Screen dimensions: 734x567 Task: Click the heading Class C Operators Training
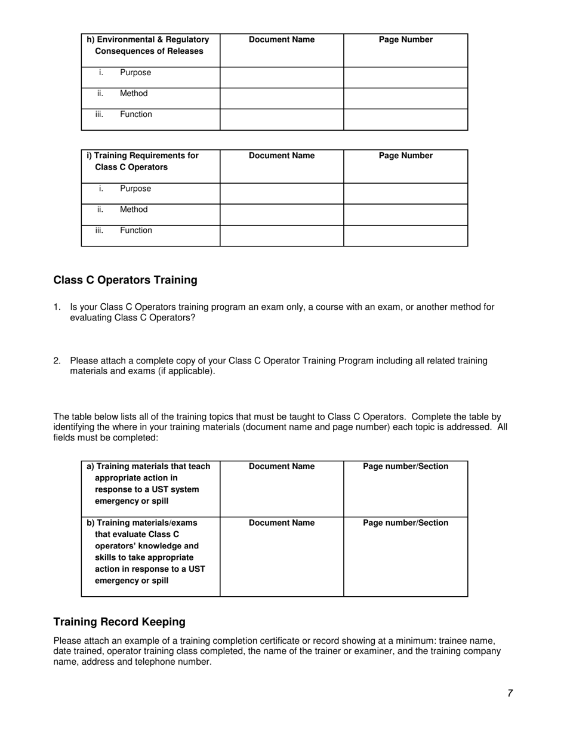125,280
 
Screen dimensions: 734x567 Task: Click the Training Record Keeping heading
119,622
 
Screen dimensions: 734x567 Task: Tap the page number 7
510,693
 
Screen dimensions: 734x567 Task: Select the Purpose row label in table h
135,73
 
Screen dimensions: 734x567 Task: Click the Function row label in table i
136,230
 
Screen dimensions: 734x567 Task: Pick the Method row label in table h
134,94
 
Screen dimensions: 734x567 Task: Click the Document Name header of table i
281,156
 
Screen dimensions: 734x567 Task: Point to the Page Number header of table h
406,40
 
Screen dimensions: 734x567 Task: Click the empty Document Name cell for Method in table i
281,214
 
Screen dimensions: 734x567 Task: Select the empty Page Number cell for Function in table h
406,119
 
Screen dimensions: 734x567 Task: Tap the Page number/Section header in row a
406,467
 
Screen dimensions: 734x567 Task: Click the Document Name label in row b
281,523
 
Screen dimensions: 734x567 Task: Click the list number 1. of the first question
57,307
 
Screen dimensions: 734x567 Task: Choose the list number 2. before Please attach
57,361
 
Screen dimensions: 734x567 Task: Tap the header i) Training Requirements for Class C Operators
143,162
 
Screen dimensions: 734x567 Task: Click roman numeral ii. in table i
100,209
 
